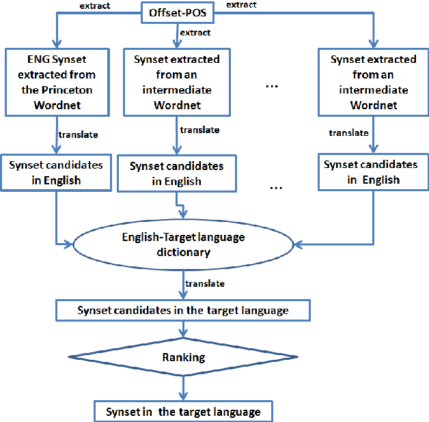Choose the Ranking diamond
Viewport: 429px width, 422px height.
(x=181, y=357)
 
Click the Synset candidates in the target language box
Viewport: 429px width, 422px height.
(x=182, y=310)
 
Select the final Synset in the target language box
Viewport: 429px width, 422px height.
(x=182, y=412)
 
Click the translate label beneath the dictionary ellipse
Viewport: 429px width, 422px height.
(x=204, y=283)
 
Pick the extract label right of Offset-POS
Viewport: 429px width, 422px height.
(x=242, y=5)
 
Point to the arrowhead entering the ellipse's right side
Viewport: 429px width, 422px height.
(x=296, y=242)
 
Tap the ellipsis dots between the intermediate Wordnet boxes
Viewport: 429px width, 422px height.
(x=272, y=87)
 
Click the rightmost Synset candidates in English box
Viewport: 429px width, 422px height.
(x=371, y=172)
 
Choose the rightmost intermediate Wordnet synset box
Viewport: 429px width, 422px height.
(x=374, y=82)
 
